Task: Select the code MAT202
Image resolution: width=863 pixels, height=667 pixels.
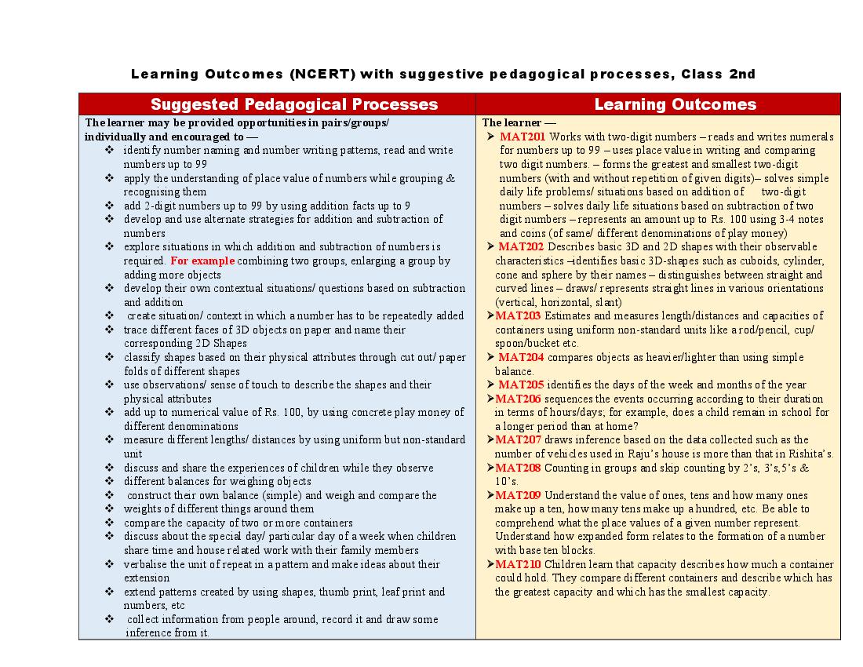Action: click(x=521, y=246)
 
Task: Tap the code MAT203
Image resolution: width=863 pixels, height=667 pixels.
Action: click(x=518, y=315)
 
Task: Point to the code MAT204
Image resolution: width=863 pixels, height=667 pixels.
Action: click(x=521, y=357)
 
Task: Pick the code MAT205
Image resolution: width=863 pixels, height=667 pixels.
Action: click(x=521, y=385)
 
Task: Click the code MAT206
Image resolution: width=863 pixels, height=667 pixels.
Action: click(x=518, y=399)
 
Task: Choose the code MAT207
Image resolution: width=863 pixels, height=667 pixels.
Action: click(x=518, y=439)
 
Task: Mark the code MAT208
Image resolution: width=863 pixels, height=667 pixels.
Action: click(x=518, y=468)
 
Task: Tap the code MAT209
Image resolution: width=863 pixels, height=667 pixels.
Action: click(x=518, y=495)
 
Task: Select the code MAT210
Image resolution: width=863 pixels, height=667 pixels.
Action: click(x=518, y=564)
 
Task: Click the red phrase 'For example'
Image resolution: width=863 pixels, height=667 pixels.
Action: click(x=202, y=261)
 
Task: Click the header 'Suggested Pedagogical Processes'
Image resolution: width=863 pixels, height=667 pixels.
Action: click(x=294, y=104)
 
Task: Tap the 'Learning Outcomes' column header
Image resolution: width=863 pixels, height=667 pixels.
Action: click(x=675, y=104)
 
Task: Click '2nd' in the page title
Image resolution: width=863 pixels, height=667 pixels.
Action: click(x=742, y=75)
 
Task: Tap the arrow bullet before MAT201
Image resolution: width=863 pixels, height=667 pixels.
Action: click(x=490, y=137)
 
